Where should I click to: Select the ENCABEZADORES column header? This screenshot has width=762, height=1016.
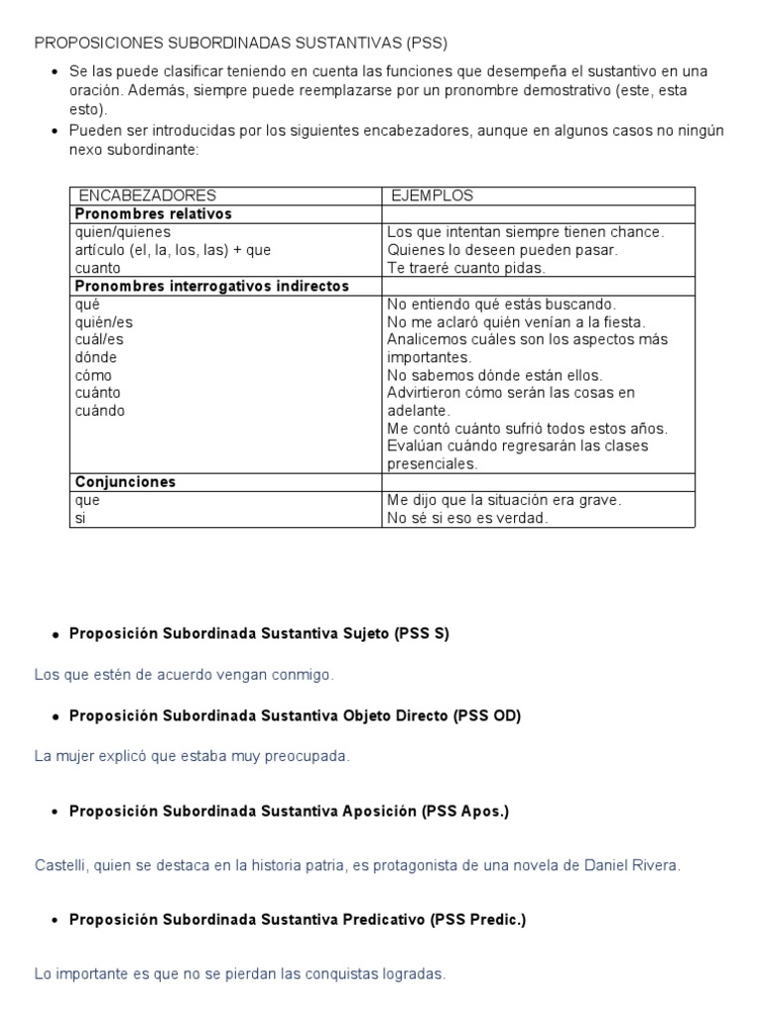[x=147, y=195]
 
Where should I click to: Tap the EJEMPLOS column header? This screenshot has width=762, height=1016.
[x=432, y=195]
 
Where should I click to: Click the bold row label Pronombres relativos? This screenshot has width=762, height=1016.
[x=154, y=213]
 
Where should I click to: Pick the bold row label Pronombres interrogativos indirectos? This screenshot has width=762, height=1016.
[x=212, y=286]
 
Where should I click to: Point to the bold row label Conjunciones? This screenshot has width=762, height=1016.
[x=125, y=481]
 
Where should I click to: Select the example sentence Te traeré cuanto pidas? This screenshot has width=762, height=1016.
[x=466, y=268]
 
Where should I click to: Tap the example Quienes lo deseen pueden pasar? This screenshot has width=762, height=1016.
[x=502, y=250]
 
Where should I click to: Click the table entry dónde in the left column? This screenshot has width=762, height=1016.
[x=96, y=357]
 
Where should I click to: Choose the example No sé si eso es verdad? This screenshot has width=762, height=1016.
[x=466, y=518]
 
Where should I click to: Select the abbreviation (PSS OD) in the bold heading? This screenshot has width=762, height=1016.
[x=487, y=715]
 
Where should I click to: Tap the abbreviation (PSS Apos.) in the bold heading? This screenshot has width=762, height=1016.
[x=465, y=812]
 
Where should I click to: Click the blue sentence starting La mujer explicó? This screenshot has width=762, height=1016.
[x=192, y=756]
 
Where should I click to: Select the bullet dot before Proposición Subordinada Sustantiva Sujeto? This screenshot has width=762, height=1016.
[x=55, y=636]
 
